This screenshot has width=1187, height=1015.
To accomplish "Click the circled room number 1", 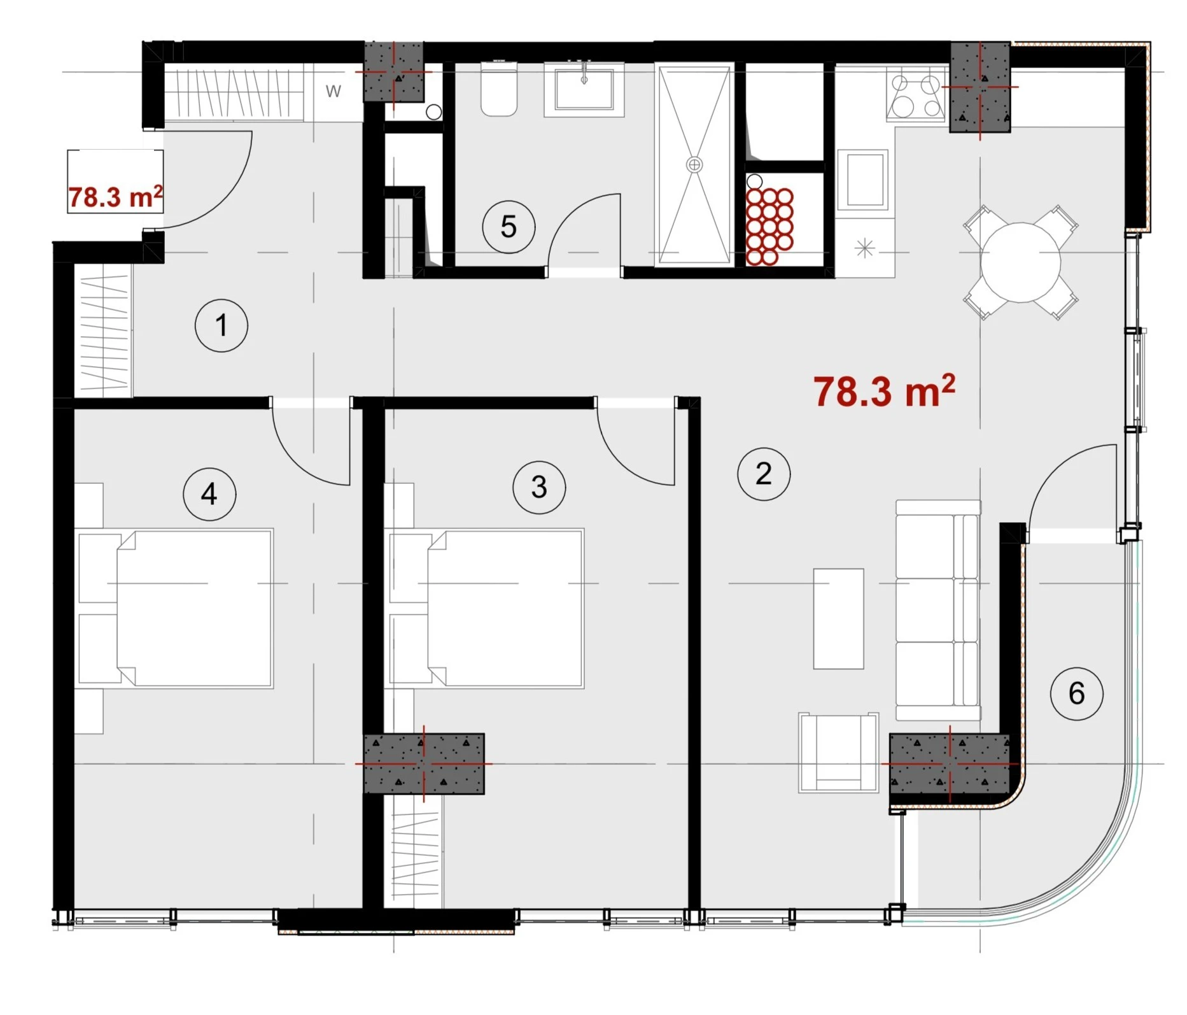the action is [x=221, y=325].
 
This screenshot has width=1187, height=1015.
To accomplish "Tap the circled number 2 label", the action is [x=764, y=474].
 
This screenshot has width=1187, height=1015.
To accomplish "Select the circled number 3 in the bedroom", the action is [x=539, y=487].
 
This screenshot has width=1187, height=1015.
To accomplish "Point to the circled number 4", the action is [x=209, y=493].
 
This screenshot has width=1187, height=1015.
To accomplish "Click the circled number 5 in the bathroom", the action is [x=509, y=227].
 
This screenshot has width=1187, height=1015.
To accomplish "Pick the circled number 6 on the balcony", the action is [x=1076, y=693].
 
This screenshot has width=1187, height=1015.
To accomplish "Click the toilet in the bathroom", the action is [x=499, y=89].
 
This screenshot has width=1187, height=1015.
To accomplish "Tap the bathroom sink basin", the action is [x=584, y=90].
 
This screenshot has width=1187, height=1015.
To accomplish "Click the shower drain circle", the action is [x=694, y=165].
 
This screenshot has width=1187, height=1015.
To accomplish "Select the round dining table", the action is [x=1020, y=262].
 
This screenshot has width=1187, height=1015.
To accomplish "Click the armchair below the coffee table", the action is [x=839, y=753].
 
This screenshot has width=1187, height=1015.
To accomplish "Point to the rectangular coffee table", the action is [x=839, y=619].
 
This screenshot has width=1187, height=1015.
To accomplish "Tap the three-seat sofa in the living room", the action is [x=938, y=610].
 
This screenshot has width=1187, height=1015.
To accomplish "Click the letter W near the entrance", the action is [x=334, y=92].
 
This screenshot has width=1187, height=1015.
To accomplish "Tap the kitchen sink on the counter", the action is [x=862, y=180].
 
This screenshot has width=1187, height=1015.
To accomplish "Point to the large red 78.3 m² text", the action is [x=884, y=391].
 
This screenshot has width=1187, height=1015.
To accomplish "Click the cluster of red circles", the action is [x=769, y=226].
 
